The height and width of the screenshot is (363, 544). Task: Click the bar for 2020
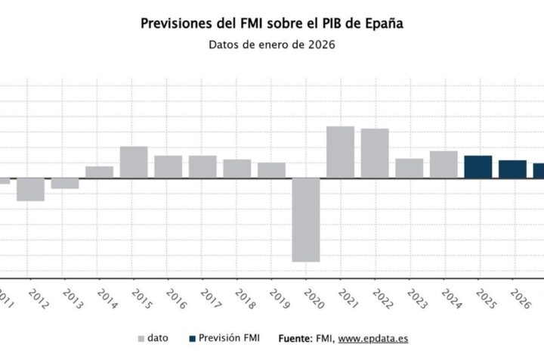[306, 220]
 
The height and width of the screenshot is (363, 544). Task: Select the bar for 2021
[340, 152]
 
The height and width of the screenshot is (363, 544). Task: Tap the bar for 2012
[30, 189]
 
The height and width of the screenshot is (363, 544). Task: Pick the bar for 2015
[134, 162]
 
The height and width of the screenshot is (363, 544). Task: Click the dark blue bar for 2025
[478, 166]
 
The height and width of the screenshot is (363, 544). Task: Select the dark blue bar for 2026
[512, 169]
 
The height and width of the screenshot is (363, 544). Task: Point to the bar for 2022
[375, 154]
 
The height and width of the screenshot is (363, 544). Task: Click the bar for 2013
[65, 183]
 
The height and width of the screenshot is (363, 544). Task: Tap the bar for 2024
[444, 164]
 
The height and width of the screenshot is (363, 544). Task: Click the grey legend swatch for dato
[141, 338]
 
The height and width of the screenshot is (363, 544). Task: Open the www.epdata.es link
[372, 338]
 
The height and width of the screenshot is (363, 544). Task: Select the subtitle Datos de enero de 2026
[271, 44]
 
